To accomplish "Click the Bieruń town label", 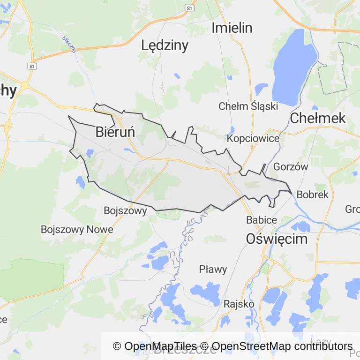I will (x=115, y=132).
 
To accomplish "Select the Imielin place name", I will (x=232, y=28).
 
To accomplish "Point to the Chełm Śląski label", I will (x=248, y=106).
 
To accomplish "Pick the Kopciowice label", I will (x=253, y=139).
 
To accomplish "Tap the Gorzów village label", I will (x=290, y=167).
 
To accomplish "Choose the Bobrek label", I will (x=313, y=194).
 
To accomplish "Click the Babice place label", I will (x=262, y=219).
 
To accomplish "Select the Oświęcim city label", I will (x=277, y=239).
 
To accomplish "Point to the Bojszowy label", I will (x=125, y=211).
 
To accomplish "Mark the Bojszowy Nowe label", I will (x=77, y=230).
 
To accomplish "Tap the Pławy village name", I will (x=213, y=270).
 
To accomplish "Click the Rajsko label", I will (x=239, y=304).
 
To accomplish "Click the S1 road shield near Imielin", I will (x=189, y=8).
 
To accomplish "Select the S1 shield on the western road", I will (x=32, y=66).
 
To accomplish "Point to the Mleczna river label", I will (x=69, y=45).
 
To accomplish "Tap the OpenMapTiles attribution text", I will (x=154, y=346).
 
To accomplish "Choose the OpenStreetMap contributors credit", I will (x=282, y=346).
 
